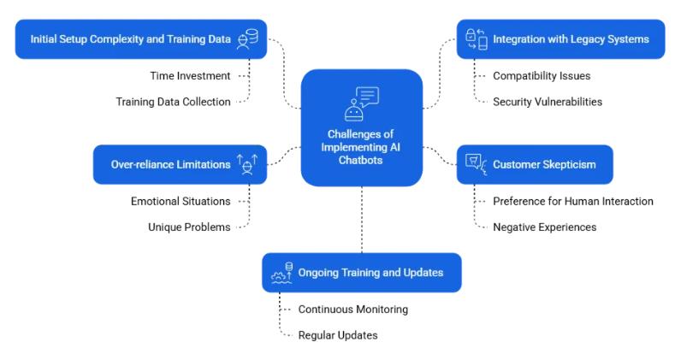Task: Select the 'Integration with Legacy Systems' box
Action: coord(560,38)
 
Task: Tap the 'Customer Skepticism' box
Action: coord(533,164)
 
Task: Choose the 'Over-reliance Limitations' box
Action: coord(179,164)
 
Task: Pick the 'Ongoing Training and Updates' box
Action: coord(361,272)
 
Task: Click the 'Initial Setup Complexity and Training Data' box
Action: coord(140,38)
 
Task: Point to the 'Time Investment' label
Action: coord(189,75)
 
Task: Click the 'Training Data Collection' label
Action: coord(173,101)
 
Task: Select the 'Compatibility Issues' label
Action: coord(542,75)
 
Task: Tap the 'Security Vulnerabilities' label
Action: coord(548,101)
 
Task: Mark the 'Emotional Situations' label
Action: coord(181,201)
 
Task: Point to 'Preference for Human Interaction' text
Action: coord(573,201)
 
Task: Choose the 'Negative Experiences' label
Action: coord(544,227)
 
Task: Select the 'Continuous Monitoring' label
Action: coord(352,309)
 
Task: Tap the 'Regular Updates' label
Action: coord(337,334)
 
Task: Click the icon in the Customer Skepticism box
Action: coord(473,164)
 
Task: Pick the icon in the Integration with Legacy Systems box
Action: coord(476,38)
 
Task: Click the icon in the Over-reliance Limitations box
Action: coord(246,164)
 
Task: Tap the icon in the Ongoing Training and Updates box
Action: coord(281,272)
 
